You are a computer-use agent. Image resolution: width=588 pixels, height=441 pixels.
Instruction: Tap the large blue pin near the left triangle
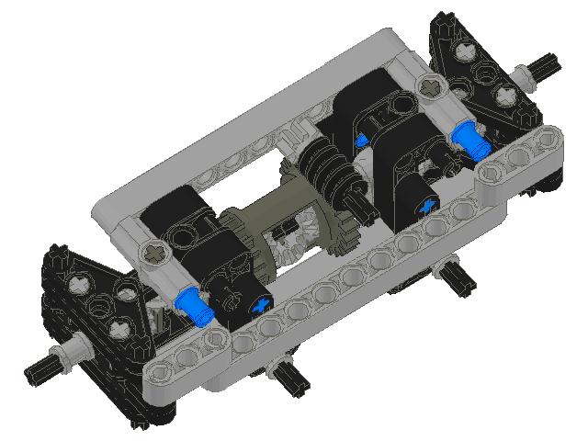pyautogui.click(x=196, y=307)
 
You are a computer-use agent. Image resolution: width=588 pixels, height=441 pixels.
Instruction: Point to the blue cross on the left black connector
pyautogui.click(x=263, y=306)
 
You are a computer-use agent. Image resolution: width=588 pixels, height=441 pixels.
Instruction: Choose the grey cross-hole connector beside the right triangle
pyautogui.click(x=429, y=87)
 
